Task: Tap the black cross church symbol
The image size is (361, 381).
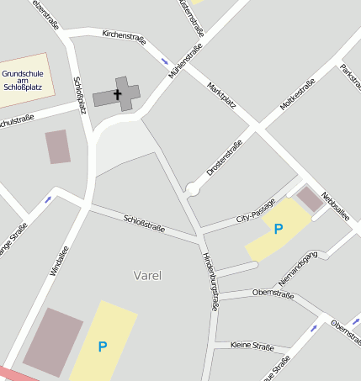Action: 118,94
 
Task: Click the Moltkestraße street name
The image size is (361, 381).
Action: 297,95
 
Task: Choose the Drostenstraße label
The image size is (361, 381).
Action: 224,157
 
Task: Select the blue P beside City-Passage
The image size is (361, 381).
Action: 279,229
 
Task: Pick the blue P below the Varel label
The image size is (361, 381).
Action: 103,346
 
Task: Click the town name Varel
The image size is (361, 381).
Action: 147,275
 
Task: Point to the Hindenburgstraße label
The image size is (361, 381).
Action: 210,282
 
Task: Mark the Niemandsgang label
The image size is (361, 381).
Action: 298,266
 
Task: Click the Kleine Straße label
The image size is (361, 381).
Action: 252,346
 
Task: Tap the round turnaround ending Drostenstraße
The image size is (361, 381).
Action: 193,190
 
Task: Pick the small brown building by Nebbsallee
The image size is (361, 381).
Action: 310,198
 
